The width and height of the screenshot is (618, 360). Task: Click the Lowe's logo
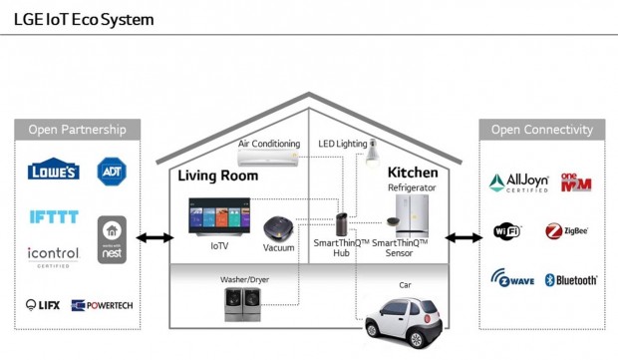(53, 171)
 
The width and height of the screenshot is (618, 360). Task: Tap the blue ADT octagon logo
(110, 171)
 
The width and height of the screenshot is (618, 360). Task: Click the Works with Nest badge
(112, 240)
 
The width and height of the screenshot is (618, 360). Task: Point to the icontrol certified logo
(53, 255)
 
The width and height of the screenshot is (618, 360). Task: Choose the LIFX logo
(44, 304)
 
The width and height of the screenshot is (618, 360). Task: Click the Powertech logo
(102, 305)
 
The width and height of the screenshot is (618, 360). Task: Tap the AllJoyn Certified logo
(518, 182)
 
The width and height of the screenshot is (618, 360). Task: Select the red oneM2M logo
(576, 182)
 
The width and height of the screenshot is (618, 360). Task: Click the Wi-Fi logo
(507, 232)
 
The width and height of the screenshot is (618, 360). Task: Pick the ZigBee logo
(566, 232)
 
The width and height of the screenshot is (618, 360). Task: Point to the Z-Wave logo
(512, 280)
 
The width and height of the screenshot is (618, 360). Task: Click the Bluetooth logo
(570, 280)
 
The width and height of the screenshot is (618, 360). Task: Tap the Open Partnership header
(77, 130)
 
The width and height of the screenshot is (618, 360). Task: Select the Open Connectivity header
(541, 130)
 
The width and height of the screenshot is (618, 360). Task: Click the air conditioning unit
(269, 159)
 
